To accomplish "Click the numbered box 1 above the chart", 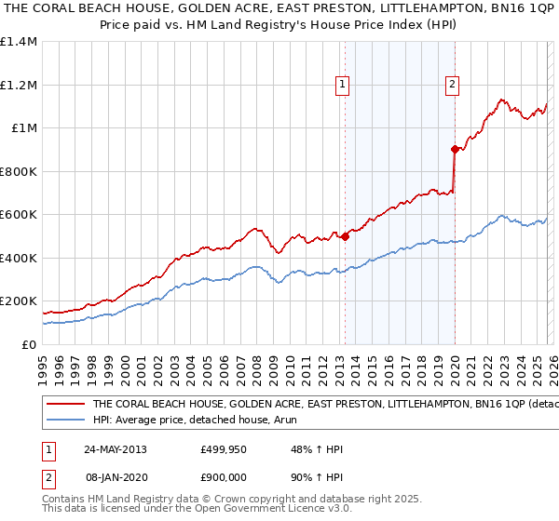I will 343,85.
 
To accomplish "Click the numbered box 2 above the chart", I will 452,85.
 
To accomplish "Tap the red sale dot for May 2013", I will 345,236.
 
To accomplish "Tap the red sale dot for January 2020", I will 455,149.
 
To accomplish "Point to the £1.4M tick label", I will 19,42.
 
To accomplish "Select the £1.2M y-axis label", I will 19,85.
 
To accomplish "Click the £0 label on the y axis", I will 30,344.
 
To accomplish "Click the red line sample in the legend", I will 65,405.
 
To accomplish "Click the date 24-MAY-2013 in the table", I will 113,449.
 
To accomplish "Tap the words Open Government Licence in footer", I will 271,509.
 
